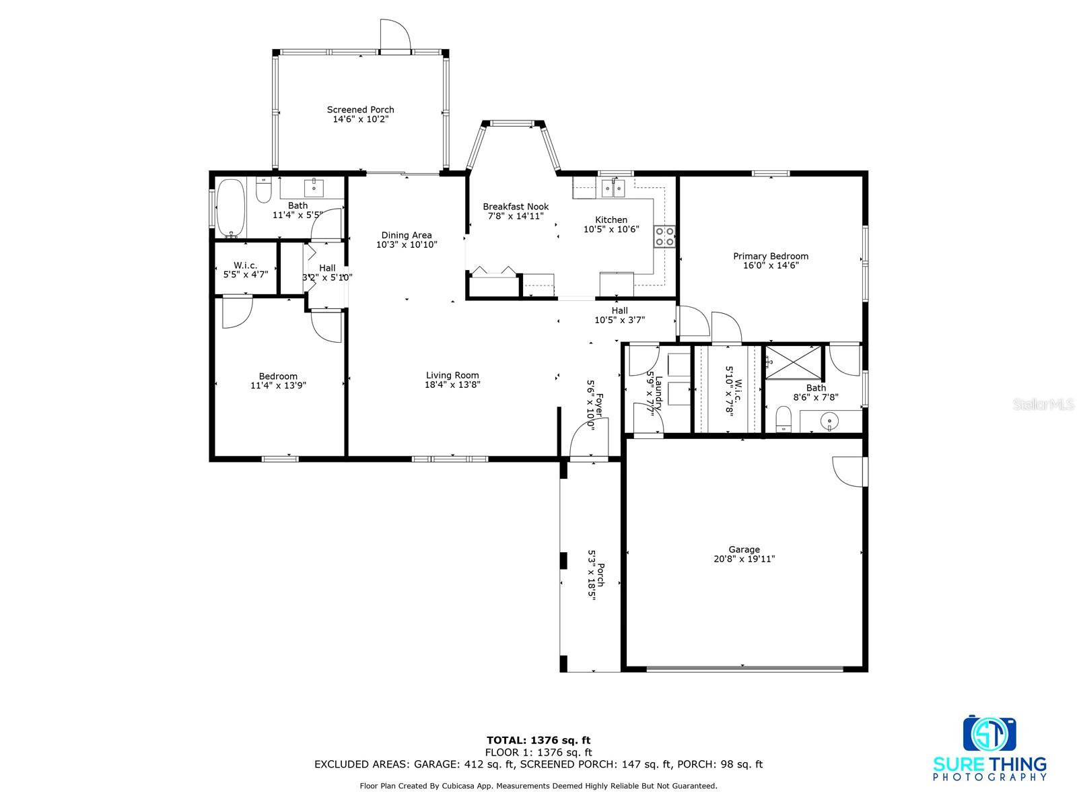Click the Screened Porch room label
pos(360,110)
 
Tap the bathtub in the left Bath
pos(230,209)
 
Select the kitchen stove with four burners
pos(664,236)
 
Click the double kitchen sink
pos(613,189)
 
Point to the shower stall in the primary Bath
pos(793,362)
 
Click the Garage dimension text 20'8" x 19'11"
pos(744,559)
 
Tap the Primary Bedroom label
pos(770,256)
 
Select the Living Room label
pos(452,375)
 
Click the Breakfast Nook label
pos(515,207)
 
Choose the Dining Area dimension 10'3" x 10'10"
pos(407,244)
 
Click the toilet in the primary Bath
pos(784,419)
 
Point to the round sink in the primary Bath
pos(830,421)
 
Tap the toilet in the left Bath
pos(263,190)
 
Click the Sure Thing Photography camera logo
pos(989,733)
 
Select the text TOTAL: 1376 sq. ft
pos(538,740)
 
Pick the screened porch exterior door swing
pos(395,34)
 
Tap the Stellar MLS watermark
pos(1043,404)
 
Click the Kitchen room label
pos(611,220)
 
